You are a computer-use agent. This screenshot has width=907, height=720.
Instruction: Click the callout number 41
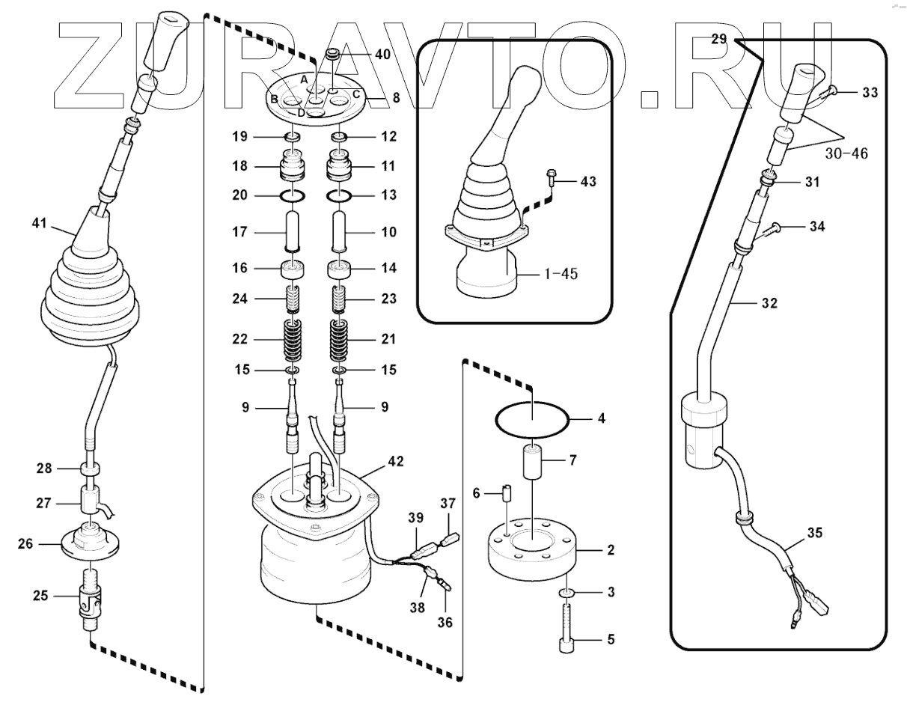[x=39, y=222]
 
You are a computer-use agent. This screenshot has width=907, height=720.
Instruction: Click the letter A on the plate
[x=304, y=79]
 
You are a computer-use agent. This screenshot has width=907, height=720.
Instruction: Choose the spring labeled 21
[x=341, y=339]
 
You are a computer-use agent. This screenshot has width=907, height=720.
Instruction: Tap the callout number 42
[x=396, y=462]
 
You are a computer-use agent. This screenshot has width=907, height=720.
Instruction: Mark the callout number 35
[x=815, y=534]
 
